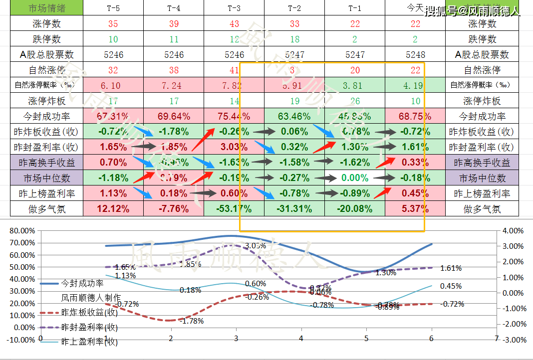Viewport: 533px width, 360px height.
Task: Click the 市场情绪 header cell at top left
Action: [41, 8]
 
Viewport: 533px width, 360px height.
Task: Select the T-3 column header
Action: [234, 8]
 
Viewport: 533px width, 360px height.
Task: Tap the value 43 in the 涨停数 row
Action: [234, 23]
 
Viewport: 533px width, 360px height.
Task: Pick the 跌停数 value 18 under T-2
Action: [294, 39]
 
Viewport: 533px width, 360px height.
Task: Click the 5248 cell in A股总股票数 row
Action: [415, 54]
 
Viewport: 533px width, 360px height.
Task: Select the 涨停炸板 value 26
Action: [355, 101]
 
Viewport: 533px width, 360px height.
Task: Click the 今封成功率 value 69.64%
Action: [173, 116]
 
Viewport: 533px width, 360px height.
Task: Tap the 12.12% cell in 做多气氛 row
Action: [113, 209]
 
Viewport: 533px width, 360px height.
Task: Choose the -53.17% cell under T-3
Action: [234, 209]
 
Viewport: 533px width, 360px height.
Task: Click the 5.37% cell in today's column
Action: [415, 209]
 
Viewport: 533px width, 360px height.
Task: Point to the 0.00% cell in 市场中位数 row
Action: [355, 178]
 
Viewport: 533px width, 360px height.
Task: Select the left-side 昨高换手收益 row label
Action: [41, 163]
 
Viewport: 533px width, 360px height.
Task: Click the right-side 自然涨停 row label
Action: [482, 70]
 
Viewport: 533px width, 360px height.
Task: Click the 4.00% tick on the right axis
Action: [514, 231]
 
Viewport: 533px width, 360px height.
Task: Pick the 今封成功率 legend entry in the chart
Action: [82, 283]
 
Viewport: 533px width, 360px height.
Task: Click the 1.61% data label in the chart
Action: [451, 268]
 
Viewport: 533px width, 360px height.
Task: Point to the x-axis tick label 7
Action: [496, 338]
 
